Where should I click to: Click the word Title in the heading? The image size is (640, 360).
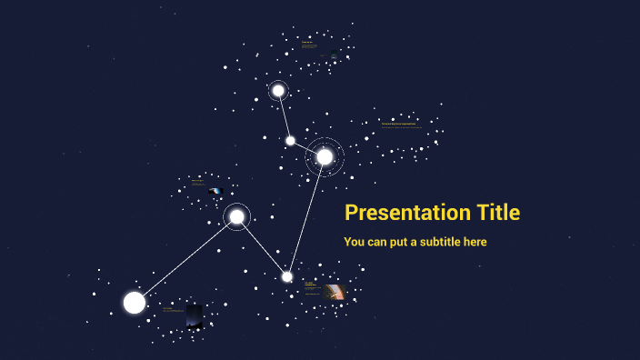[x=498, y=213]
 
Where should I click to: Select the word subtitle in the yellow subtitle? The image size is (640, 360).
[x=437, y=242]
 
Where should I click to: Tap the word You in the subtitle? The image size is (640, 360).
[x=355, y=242]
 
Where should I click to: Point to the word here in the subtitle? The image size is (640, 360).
[x=475, y=242]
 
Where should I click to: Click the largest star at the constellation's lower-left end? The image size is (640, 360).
[x=135, y=303]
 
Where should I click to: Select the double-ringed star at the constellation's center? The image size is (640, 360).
[x=325, y=156]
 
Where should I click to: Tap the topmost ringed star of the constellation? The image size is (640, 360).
[x=278, y=91]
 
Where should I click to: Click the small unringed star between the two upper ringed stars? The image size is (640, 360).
[x=290, y=140]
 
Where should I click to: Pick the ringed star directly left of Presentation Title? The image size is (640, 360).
[x=236, y=216]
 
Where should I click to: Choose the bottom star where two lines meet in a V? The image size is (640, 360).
[x=287, y=276]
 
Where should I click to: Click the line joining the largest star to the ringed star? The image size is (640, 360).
[x=185, y=259]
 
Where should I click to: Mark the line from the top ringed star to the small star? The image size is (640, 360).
[x=285, y=116]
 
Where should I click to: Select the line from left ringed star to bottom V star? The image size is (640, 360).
[x=262, y=246]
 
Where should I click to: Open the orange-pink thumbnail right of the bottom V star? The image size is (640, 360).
[x=335, y=292]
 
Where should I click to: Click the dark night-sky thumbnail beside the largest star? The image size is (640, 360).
[x=195, y=315]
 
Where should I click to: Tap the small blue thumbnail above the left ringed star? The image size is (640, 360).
[x=215, y=192]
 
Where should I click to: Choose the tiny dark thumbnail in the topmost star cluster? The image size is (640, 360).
[x=335, y=55]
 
